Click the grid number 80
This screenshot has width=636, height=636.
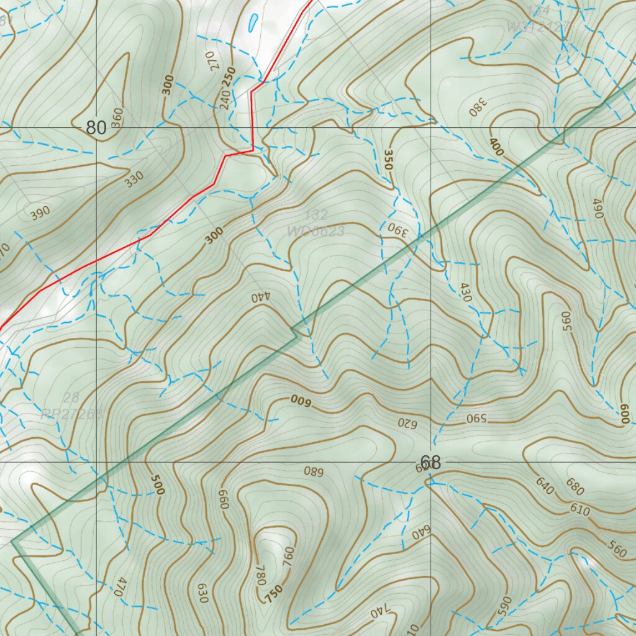(96, 128)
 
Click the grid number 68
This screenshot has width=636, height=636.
(430, 463)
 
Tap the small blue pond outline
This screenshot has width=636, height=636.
(252, 24)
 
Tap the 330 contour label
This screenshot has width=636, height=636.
(134, 179)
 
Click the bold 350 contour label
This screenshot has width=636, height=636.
(389, 160)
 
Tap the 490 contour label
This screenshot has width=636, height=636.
(598, 208)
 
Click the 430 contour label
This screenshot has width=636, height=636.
(466, 293)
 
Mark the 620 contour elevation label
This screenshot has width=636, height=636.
(406, 423)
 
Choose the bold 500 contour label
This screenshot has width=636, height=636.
(157, 485)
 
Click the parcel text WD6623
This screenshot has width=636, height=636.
(316, 231)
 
